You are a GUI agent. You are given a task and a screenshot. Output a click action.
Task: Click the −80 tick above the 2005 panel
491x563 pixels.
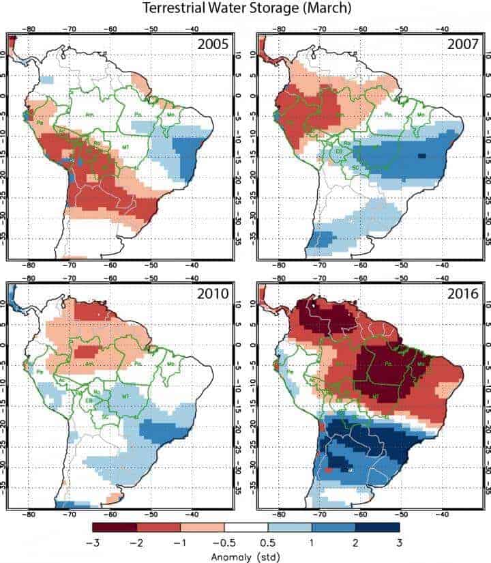click(29, 29)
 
